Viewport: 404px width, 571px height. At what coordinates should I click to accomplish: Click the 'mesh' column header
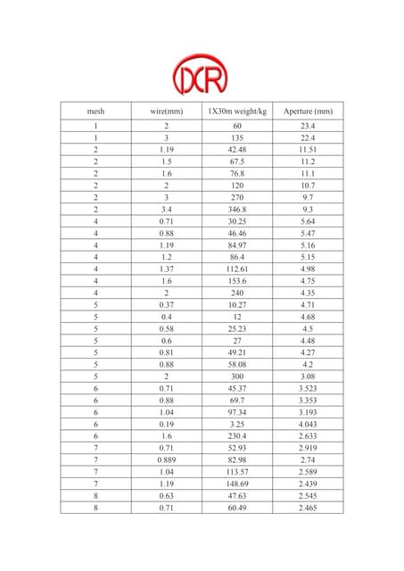click(95, 111)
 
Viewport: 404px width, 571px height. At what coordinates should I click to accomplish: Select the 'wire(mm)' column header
click(166, 111)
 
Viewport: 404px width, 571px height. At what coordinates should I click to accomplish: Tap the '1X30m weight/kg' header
click(237, 111)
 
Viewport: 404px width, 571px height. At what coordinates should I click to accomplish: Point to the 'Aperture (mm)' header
click(308, 111)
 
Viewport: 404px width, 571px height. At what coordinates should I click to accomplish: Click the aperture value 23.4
click(308, 127)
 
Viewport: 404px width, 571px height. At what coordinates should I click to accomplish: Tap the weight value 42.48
click(237, 150)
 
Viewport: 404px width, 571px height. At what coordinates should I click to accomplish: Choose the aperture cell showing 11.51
click(308, 150)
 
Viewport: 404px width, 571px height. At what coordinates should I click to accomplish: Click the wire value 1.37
click(166, 269)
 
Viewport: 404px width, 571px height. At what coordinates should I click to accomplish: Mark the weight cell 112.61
click(237, 269)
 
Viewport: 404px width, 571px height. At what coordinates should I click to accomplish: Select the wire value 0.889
click(166, 460)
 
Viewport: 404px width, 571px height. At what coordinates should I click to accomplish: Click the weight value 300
click(237, 377)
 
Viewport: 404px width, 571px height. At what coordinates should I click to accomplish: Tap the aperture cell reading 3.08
click(308, 377)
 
